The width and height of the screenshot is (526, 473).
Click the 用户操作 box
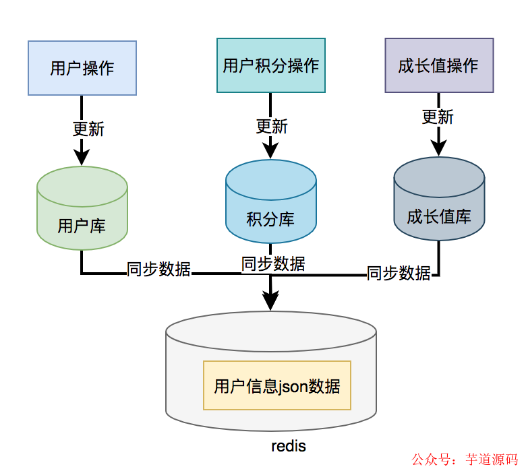click(82, 68)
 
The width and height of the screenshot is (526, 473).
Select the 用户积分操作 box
click(270, 65)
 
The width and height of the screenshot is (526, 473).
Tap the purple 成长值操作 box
click(438, 65)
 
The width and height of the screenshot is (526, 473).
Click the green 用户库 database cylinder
click(82, 209)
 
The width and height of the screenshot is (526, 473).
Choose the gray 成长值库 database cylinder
click(438, 200)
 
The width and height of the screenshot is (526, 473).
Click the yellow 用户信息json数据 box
click(277, 386)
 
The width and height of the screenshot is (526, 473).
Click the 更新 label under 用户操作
click(88, 128)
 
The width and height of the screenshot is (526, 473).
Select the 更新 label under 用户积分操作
click(272, 126)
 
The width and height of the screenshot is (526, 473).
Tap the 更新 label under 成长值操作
click(438, 117)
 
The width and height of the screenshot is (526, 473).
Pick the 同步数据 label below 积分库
click(273, 263)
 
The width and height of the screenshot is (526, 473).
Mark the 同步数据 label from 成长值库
click(399, 273)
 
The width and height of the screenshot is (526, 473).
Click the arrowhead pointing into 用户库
click(82, 156)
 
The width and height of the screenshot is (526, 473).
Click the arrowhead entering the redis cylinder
click(270, 301)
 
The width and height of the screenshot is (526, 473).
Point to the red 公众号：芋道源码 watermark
click(465, 460)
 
